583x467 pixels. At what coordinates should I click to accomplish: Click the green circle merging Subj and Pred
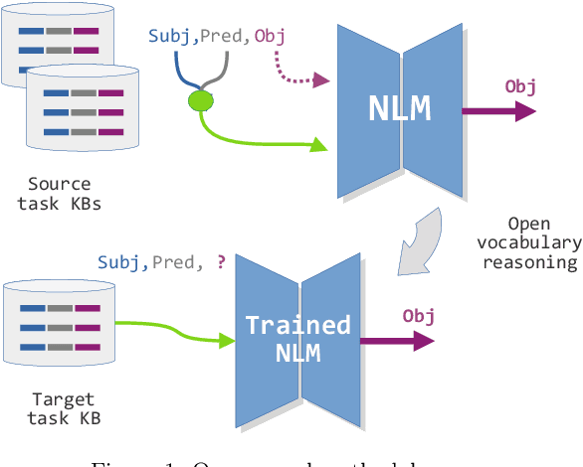(x=202, y=99)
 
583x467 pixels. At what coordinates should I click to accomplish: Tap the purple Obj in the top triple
(x=270, y=36)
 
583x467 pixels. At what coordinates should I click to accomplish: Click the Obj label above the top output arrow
(x=520, y=86)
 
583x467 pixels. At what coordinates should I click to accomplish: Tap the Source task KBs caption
(x=59, y=193)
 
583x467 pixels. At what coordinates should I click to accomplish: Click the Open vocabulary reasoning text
(x=528, y=242)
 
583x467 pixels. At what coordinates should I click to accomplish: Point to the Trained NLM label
(x=297, y=339)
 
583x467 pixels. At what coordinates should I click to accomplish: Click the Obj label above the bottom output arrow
(x=419, y=316)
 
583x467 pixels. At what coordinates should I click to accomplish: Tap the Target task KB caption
(x=63, y=408)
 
